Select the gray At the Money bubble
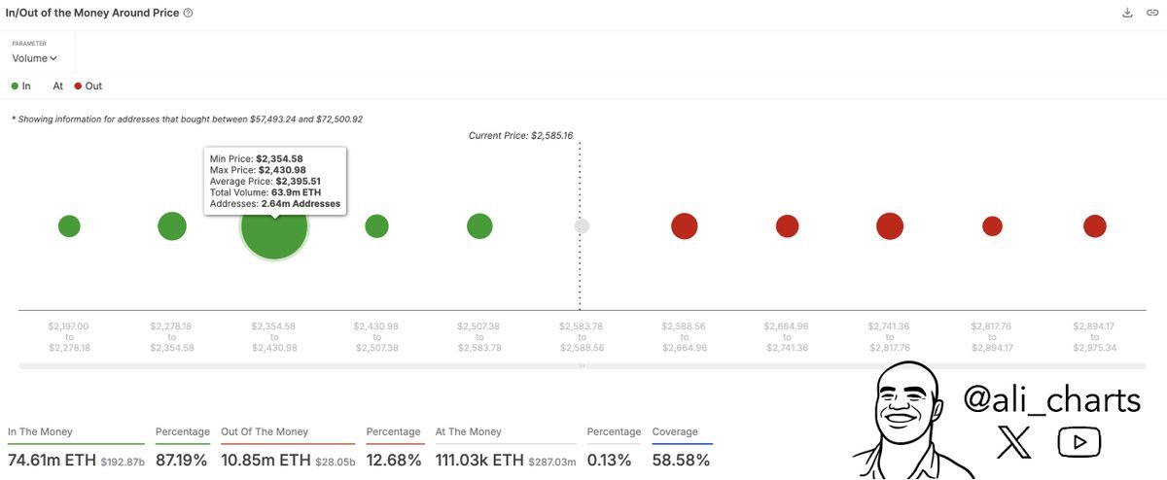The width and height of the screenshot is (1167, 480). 582,226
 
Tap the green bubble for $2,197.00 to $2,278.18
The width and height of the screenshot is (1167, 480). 69,226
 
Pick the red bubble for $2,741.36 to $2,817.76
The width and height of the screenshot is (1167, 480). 890,226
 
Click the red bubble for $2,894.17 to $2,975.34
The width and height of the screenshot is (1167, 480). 1095,226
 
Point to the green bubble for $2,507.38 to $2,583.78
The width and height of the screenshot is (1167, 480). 479,226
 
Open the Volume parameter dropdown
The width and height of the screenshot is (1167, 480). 35,58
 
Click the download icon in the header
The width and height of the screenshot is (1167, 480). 1127,13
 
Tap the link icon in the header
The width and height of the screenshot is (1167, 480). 1152,13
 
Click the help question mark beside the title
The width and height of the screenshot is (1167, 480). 188,13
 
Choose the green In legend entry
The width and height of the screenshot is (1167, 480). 20,86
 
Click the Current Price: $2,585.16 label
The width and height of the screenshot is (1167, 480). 519,135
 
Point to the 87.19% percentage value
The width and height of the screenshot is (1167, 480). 183,460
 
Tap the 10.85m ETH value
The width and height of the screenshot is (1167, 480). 265,460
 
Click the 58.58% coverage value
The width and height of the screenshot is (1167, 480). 681,460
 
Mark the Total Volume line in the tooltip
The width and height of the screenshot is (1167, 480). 265,192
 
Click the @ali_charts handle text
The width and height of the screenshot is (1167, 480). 1051,399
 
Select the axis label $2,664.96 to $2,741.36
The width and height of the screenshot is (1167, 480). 787,336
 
